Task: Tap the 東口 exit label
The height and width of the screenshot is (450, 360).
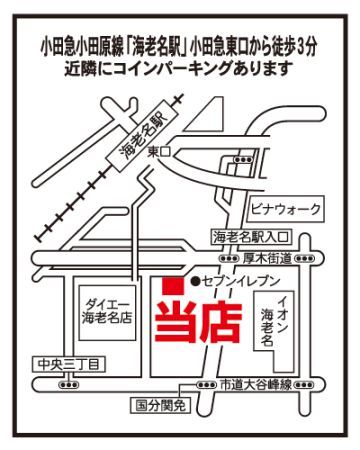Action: tap(159, 153)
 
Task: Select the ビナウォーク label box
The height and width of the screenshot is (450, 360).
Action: tap(286, 209)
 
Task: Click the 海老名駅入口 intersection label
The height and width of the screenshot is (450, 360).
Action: tap(251, 237)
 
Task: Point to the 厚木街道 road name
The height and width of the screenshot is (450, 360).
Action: tap(267, 258)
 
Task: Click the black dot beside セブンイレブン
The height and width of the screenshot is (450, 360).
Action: tap(195, 282)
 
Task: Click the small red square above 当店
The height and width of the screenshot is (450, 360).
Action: tap(173, 286)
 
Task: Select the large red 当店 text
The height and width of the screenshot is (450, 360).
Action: tap(199, 323)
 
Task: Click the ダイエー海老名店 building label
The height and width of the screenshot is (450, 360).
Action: tap(107, 312)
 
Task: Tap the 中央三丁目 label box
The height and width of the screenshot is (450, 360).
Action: tap(69, 364)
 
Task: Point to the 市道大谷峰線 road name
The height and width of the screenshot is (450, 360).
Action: tap(256, 385)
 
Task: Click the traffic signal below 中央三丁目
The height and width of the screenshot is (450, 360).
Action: tap(69, 384)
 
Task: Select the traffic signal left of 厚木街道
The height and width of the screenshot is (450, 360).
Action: tap(229, 258)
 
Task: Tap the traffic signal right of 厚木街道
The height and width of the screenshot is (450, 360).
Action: tap(304, 258)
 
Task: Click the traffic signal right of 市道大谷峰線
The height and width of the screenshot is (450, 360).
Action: tap(304, 385)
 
